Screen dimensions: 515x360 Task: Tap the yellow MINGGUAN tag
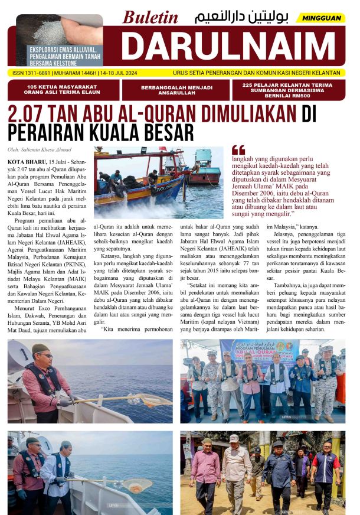(322, 18)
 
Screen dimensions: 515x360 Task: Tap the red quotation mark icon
(238, 150)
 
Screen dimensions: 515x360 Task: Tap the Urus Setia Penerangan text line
(256, 73)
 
